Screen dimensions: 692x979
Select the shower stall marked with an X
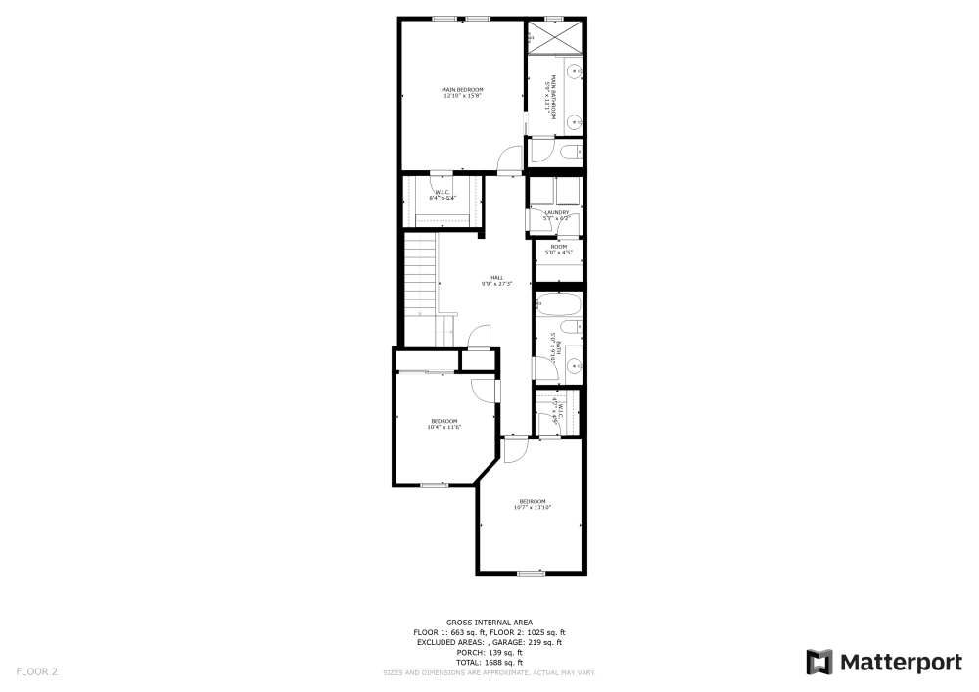(555, 39)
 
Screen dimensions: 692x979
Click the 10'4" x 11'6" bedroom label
(443, 423)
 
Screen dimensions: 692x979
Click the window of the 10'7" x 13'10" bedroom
(532, 573)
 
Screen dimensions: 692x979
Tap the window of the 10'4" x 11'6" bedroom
(434, 484)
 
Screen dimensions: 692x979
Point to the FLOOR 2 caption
(37, 671)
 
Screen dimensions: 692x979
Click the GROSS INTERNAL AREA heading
(489, 623)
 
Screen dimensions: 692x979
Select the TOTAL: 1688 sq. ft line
(489, 663)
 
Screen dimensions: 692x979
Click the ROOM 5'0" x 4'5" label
(558, 250)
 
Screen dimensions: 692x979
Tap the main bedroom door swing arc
(511, 157)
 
